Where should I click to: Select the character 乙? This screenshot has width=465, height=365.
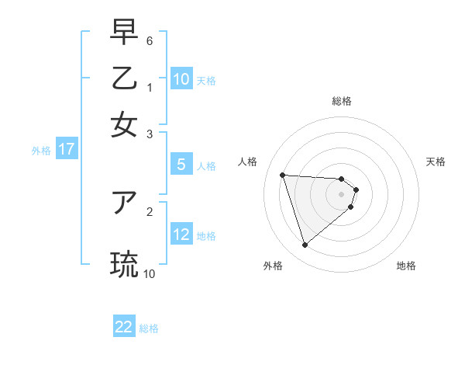point(124,81)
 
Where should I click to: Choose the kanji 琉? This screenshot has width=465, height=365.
point(124,264)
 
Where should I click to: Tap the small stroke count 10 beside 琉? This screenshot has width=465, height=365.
point(150,273)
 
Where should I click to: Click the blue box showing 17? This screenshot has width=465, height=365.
point(67,150)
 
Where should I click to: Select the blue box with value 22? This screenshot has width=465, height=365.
point(124,327)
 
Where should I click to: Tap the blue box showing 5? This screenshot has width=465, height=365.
point(181,165)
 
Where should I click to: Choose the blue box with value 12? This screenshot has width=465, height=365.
point(181,235)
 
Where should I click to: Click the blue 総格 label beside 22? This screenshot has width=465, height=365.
point(149,328)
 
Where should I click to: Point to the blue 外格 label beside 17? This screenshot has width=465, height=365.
point(40,151)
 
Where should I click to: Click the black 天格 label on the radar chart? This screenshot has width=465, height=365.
point(436,162)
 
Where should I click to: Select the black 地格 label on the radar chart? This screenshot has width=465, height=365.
point(406,266)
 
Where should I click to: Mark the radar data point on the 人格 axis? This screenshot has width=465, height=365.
point(282,175)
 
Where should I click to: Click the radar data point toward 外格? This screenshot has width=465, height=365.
point(305,245)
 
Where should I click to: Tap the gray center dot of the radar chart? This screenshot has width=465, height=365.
point(342,194)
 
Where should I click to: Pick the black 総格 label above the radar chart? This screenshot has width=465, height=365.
point(342,101)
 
